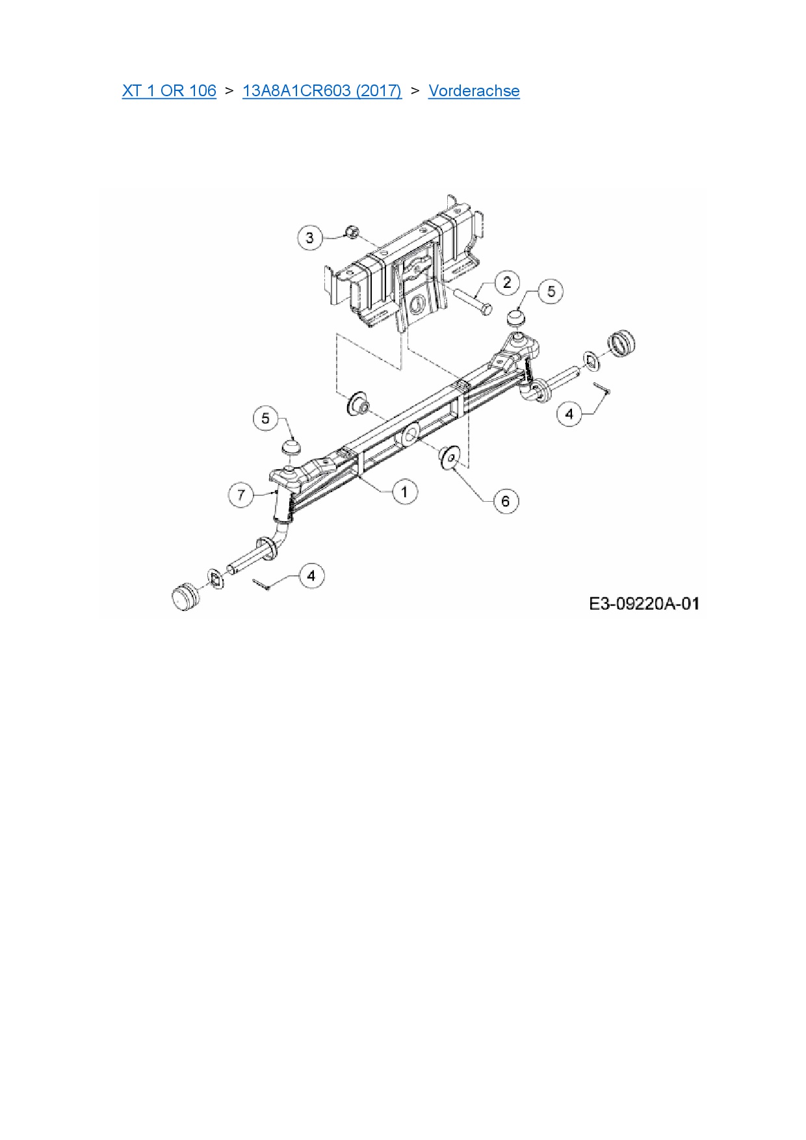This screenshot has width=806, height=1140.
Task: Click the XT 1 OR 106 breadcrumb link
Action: [169, 90]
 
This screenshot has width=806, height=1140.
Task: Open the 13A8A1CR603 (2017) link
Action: [322, 90]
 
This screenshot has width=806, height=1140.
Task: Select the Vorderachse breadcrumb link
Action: [474, 90]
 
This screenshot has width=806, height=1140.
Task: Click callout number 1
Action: [405, 491]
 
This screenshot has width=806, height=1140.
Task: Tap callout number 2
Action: [507, 283]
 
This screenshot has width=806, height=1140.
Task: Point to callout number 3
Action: [309, 238]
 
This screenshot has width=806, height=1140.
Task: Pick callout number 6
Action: [506, 501]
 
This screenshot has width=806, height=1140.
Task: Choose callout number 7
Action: [241, 495]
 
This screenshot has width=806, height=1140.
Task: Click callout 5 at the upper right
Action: [551, 291]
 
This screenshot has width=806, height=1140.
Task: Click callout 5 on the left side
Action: [265, 418]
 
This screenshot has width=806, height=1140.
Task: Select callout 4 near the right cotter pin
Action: [570, 413]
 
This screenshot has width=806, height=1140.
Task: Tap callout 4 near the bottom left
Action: [311, 576]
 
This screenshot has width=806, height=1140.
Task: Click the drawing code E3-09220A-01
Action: [644, 604]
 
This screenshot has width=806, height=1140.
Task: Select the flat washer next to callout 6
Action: [448, 456]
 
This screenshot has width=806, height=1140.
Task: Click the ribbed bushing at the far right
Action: [621, 342]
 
